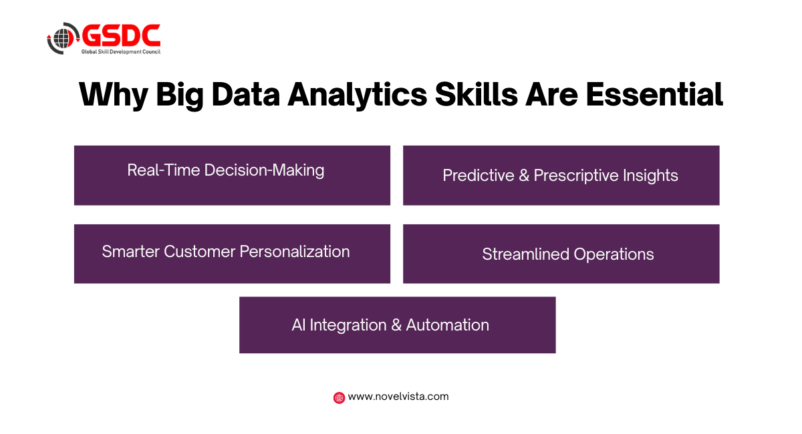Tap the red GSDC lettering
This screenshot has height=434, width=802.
[x=122, y=35]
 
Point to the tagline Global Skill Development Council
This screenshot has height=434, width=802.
[x=121, y=52]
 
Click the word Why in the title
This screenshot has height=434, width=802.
[x=114, y=95]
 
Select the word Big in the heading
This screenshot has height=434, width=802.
[x=180, y=95]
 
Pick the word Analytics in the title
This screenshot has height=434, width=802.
[x=358, y=95]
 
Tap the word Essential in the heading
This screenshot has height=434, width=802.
[x=654, y=94]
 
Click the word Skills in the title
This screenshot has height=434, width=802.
[x=477, y=94]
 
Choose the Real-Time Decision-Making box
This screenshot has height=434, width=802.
[x=232, y=176]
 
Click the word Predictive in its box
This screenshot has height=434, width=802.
[x=479, y=176]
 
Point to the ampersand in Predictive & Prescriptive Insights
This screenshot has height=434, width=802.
[x=524, y=176]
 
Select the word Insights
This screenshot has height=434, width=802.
[x=650, y=176]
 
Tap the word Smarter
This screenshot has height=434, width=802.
[x=131, y=252]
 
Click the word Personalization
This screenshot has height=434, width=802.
[x=295, y=252]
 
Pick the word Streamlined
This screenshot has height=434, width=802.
[x=525, y=254]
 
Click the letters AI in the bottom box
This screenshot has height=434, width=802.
[x=298, y=325]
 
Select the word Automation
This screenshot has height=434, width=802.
[x=448, y=325]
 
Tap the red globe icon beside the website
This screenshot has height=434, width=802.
[x=339, y=397]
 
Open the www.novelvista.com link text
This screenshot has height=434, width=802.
[x=398, y=397]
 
